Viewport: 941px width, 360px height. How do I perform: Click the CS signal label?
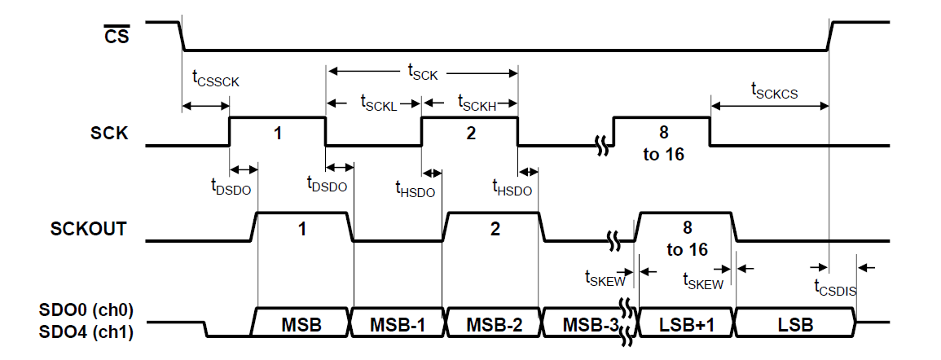click(x=117, y=35)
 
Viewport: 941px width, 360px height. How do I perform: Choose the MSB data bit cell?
click(x=302, y=324)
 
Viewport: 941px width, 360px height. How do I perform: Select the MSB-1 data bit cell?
click(x=399, y=324)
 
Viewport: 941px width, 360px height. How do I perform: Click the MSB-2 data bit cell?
click(x=495, y=324)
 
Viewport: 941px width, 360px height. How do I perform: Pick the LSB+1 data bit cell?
click(x=686, y=324)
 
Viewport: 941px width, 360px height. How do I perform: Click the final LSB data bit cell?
click(x=795, y=324)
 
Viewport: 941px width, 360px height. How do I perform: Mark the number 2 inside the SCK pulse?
click(x=470, y=133)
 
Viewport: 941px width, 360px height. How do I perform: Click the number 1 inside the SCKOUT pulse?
click(x=302, y=229)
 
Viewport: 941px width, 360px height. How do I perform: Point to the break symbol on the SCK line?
click(x=603, y=147)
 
